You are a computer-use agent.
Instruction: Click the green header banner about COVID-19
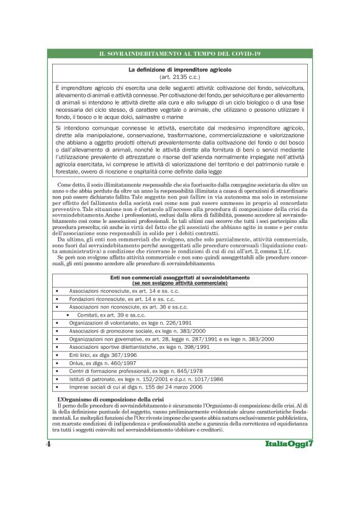[179, 55]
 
